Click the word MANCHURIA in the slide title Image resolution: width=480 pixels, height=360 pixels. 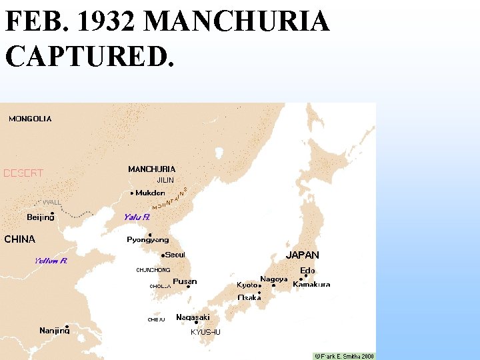(x=237, y=22)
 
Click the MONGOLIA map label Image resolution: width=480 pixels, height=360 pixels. (x=30, y=119)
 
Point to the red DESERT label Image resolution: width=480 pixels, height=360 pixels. (x=23, y=173)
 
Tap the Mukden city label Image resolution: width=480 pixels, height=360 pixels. (x=151, y=193)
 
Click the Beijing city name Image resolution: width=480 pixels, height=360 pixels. (x=41, y=217)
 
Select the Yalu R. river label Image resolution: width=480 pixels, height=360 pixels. (x=137, y=217)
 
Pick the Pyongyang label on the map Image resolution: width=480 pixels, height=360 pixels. (x=148, y=239)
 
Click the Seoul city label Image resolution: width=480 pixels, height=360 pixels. (x=175, y=255)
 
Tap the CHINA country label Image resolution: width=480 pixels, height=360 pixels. (x=20, y=239)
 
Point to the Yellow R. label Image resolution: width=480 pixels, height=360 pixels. (x=51, y=261)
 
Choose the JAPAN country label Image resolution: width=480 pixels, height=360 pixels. (x=303, y=255)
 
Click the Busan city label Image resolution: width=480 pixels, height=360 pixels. (x=185, y=281)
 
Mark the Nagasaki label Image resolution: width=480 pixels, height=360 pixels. (x=193, y=317)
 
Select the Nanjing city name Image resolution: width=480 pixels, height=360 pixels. (x=54, y=330)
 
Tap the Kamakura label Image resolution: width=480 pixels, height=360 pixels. (x=311, y=284)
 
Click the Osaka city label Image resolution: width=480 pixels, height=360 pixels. (x=249, y=297)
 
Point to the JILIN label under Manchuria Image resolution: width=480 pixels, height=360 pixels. (x=165, y=180)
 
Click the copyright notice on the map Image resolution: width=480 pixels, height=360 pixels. (x=345, y=356)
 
